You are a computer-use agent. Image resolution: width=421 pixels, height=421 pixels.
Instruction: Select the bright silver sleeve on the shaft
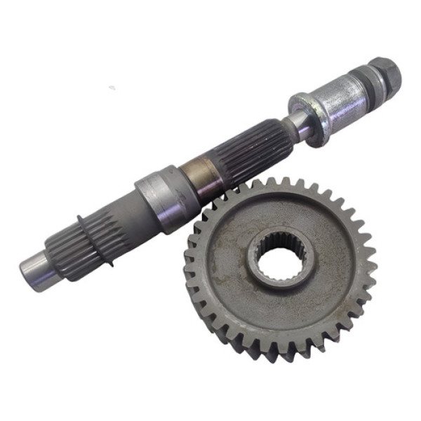(x=340, y=98)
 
